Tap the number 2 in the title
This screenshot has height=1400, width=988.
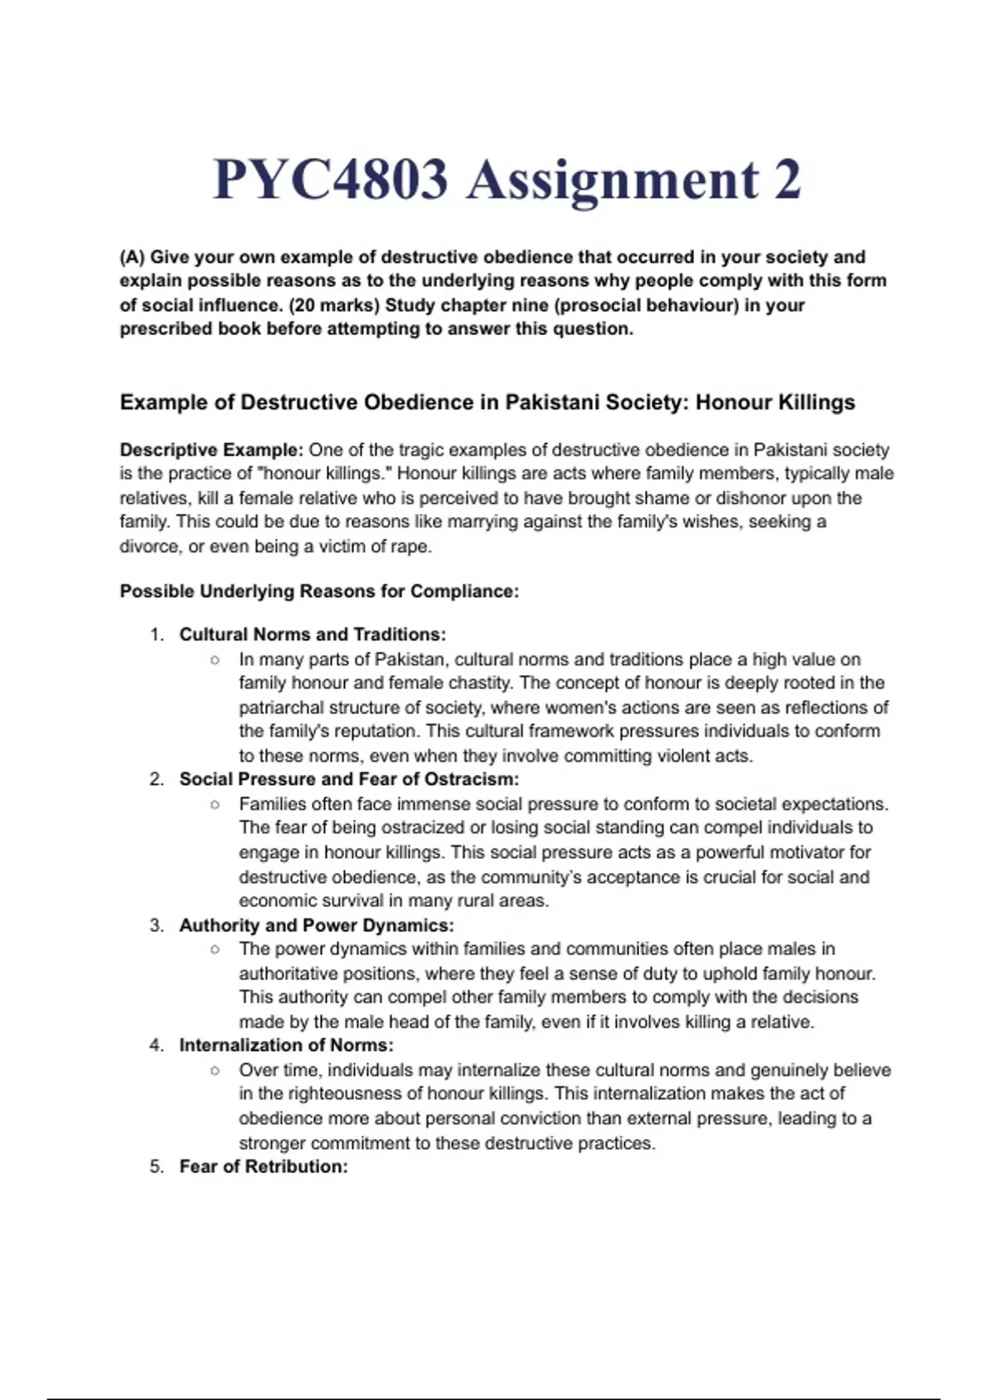[787, 180]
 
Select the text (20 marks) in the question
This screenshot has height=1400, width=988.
[333, 305]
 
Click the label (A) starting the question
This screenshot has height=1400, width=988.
[133, 257]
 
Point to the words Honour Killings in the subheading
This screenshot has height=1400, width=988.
[776, 402]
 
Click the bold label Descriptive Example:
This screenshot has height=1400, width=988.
[212, 450]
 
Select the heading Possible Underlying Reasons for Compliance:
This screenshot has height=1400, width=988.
[319, 591]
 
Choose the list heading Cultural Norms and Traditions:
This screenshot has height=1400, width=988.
[313, 634]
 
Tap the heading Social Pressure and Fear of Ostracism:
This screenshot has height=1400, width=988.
[349, 779]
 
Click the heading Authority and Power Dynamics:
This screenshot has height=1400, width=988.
[317, 925]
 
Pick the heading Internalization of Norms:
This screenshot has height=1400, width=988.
[287, 1045]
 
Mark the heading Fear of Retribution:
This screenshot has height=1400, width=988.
[263, 1166]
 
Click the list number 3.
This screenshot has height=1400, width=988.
[156, 925]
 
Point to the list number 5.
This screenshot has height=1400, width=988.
[156, 1166]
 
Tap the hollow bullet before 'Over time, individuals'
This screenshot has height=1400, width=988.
[215, 1071]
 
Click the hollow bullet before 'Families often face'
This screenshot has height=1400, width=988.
[215, 805]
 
